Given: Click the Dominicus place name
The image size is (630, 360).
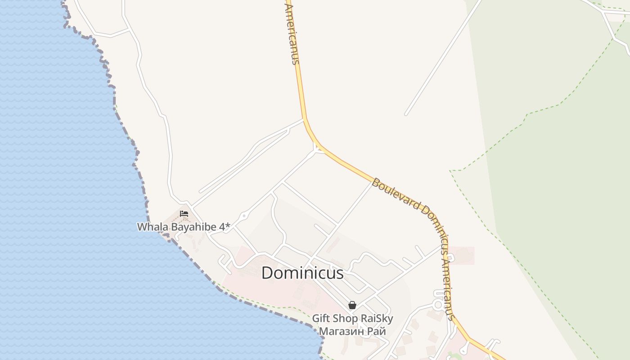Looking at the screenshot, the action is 302,273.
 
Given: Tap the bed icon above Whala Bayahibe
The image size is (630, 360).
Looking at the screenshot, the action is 184,213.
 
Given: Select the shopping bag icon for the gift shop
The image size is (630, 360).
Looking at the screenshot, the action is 352,305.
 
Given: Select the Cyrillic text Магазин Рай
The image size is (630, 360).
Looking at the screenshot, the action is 352,331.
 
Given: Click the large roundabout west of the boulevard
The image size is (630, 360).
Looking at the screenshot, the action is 438,305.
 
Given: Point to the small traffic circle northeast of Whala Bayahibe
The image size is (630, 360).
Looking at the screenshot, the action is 244,216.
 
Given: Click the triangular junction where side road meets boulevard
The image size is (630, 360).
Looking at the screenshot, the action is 318,148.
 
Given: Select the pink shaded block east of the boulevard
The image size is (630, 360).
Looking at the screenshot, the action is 462,255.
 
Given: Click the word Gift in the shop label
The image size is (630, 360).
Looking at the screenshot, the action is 321,319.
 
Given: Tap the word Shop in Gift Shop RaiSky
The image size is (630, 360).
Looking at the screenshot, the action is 346,319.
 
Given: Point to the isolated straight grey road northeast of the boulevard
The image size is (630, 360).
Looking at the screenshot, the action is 443,58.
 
